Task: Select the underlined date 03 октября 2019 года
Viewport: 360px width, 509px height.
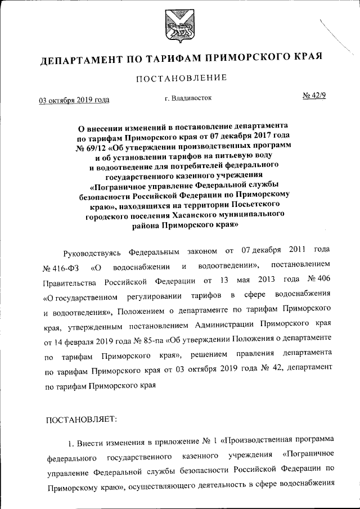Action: pyautogui.click(x=74, y=101)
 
